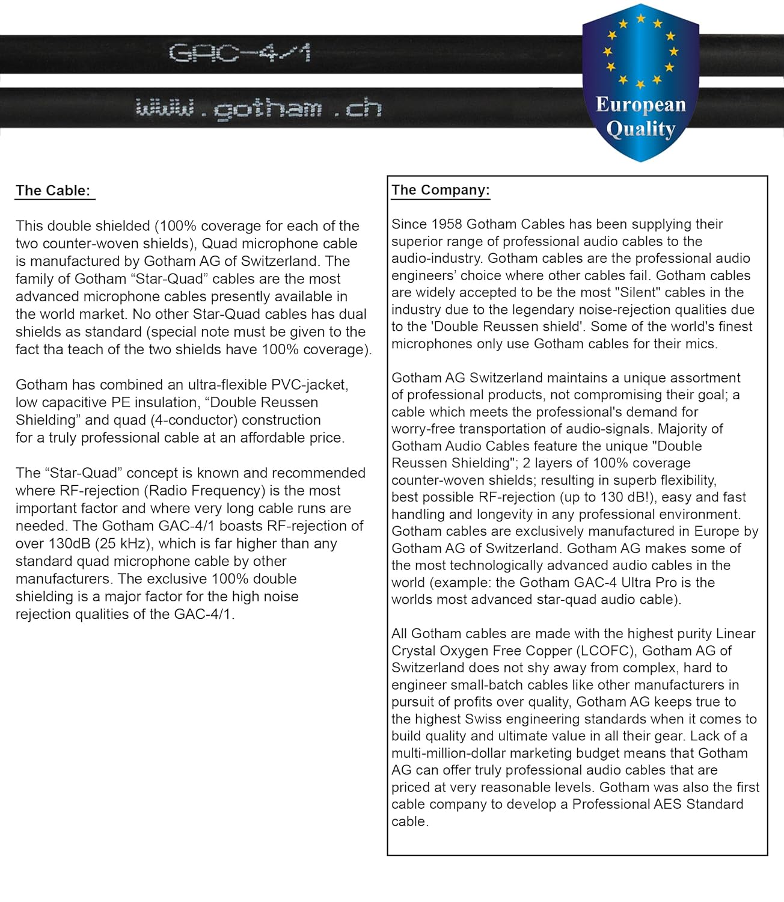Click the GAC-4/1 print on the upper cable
(239, 54)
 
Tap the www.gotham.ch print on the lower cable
(259, 109)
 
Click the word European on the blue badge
(640, 105)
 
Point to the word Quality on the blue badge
(640, 129)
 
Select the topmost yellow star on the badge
(640, 18)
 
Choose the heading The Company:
(440, 190)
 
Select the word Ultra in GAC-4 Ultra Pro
(640, 583)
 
